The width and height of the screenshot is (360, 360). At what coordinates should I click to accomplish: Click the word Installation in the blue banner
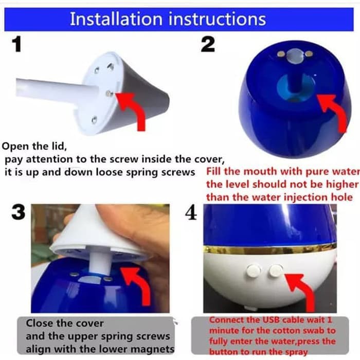point(116,19)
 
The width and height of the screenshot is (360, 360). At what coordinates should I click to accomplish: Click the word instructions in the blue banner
point(217,19)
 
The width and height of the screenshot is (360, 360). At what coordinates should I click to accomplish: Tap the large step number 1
point(17,45)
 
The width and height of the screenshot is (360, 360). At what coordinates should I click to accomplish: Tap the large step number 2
point(208,44)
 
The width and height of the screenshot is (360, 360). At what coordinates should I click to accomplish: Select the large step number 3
point(19,212)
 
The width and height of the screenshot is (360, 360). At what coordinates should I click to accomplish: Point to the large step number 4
point(191,212)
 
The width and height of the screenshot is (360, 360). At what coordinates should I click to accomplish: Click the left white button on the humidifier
point(254,271)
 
